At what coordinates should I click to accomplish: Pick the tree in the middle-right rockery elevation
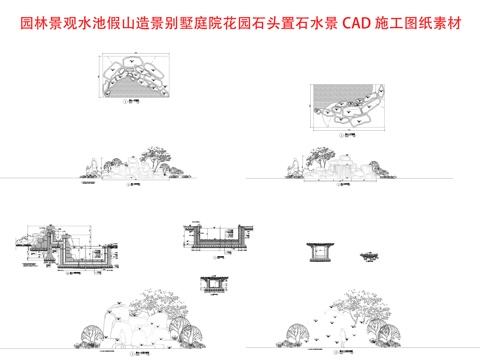[318, 154]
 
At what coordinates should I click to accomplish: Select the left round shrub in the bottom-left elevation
[90, 330]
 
